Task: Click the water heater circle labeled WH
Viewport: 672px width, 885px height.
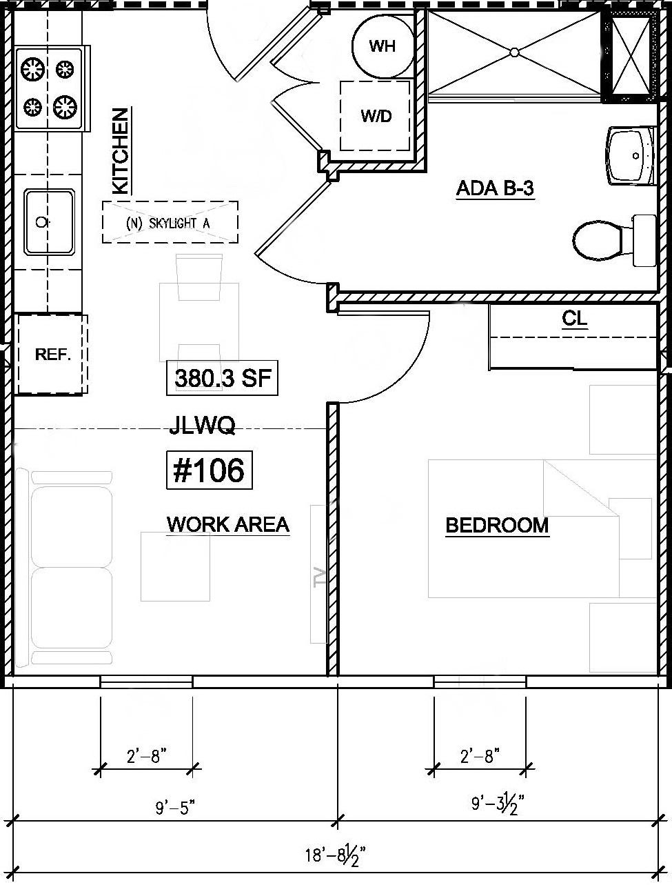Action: [382, 46]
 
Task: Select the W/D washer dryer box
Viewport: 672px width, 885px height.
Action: [376, 116]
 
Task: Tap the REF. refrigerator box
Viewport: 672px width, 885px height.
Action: [52, 355]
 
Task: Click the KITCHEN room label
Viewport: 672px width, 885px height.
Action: [120, 150]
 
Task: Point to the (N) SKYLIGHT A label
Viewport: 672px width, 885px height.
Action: [170, 223]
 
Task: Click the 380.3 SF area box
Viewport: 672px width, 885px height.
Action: [222, 379]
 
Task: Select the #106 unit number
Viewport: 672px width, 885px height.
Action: [209, 470]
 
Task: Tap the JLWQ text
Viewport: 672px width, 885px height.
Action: [202, 426]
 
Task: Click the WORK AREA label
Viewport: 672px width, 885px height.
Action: [227, 525]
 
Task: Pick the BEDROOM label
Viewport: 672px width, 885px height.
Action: [497, 526]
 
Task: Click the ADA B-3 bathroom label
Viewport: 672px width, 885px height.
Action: [495, 188]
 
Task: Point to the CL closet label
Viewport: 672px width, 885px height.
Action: [574, 319]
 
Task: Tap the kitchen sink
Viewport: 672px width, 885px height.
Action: [48, 222]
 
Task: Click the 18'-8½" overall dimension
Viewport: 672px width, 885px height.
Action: [334, 856]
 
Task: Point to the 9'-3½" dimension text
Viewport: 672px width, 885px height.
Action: [498, 803]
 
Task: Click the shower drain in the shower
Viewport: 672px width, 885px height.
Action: [514, 52]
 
